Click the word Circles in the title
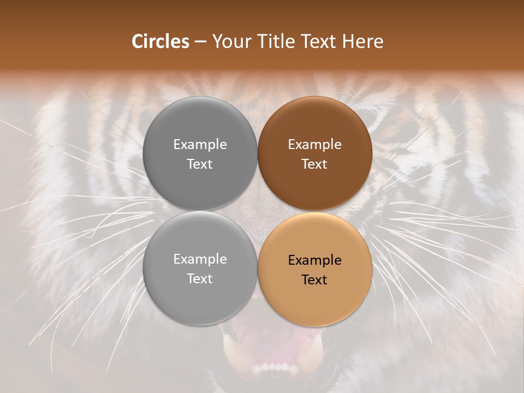coord(160,41)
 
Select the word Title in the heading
coord(275,41)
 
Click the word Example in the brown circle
coord(314,145)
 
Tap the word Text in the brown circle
coord(314,164)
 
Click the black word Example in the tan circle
coord(314,260)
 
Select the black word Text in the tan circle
coord(314,280)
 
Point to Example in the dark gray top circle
coord(200,145)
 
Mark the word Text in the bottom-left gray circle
coord(200,279)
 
